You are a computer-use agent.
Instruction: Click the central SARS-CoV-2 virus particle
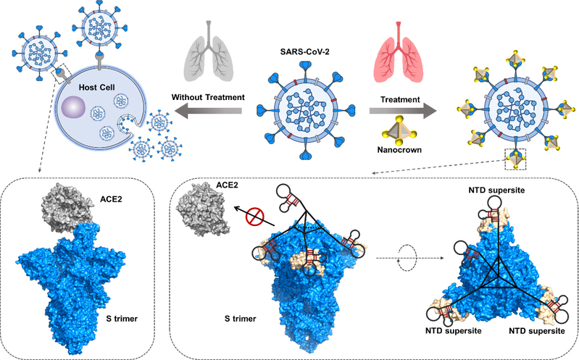click(x=303, y=110)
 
